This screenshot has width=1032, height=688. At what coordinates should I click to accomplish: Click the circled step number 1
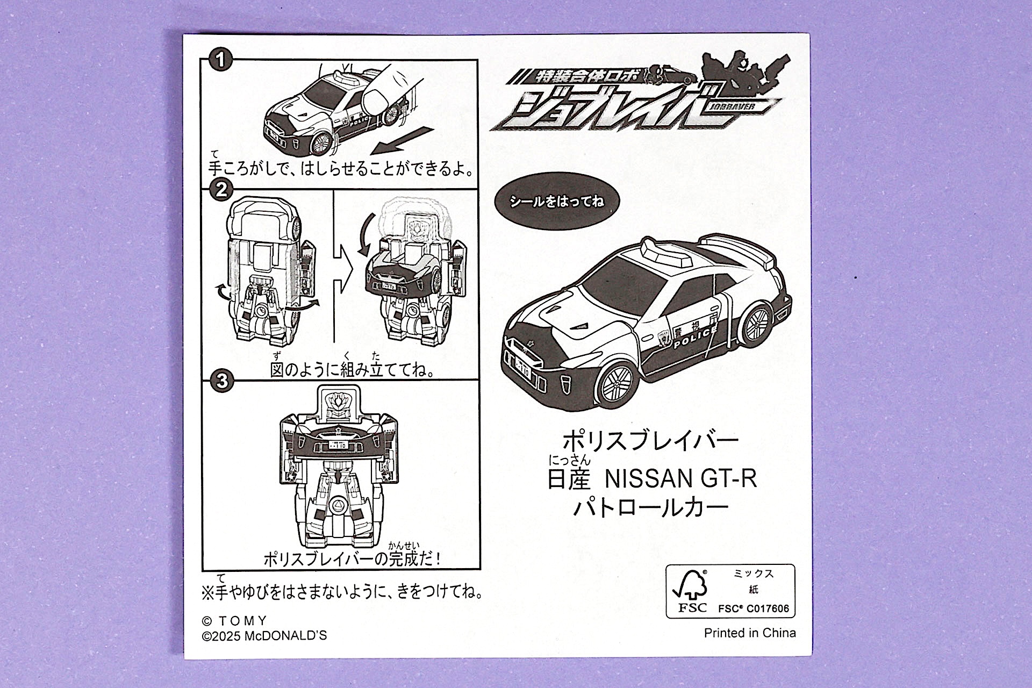[220, 59]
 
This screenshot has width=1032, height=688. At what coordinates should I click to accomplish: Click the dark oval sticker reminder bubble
[556, 201]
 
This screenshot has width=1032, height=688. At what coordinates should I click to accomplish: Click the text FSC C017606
[754, 609]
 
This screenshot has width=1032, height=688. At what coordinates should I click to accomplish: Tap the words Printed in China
[750, 633]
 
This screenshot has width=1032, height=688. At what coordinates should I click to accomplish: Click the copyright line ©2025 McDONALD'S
[264, 636]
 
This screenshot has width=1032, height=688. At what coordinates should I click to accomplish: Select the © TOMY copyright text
[234, 621]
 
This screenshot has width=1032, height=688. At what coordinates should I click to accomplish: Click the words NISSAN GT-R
[681, 478]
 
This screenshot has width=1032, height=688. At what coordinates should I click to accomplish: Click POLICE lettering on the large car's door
[695, 337]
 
